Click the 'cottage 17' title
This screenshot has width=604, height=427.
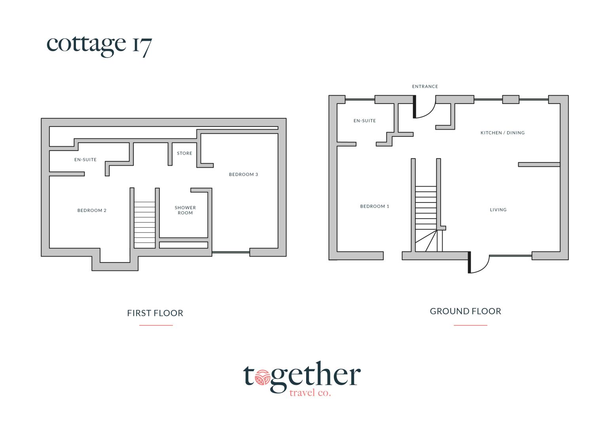click(99, 45)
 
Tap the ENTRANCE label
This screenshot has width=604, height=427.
click(425, 87)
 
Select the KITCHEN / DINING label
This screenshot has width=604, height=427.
click(502, 132)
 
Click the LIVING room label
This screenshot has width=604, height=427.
click(498, 210)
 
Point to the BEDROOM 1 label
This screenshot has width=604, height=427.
click(375, 206)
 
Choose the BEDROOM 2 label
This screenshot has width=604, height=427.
click(92, 210)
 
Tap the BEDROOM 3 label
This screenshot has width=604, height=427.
click(243, 174)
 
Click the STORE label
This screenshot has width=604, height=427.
click(184, 153)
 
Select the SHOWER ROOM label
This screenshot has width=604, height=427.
click(185, 210)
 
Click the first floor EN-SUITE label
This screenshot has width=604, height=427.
click(85, 160)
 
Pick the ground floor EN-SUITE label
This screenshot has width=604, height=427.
click(365, 121)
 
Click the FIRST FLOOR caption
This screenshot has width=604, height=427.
click(155, 313)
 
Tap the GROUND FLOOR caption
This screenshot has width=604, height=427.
click(466, 311)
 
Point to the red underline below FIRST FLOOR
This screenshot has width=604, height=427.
click(156, 325)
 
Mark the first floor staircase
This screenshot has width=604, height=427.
click(144, 225)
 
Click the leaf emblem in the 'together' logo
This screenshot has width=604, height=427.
click(262, 377)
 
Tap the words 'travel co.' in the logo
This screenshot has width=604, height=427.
click(310, 393)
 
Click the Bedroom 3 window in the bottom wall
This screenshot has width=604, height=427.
click(231, 252)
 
